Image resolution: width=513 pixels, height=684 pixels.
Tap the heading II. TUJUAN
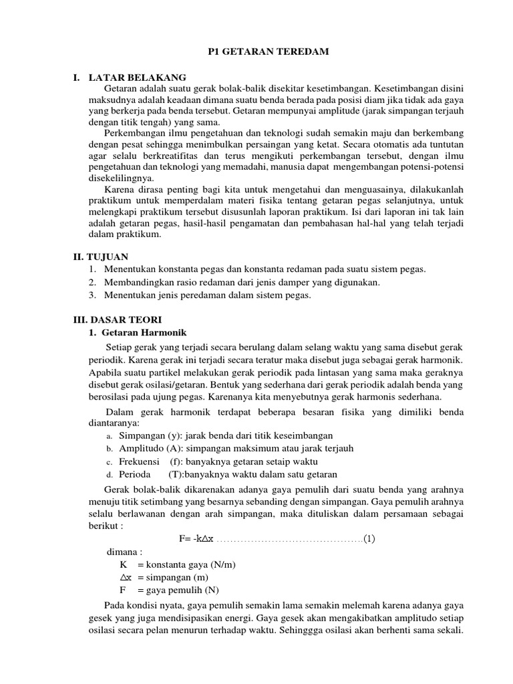pyautogui.click(x=100, y=256)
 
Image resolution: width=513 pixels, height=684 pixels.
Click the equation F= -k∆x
pyautogui.click(x=196, y=539)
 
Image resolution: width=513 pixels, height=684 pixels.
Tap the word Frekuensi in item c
pyautogui.click(x=139, y=462)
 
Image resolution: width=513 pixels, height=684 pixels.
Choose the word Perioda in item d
pyautogui.click(x=136, y=474)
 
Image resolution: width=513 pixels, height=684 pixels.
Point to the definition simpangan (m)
pyautogui.click(x=176, y=577)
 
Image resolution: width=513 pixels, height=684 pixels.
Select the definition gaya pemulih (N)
pyautogui.click(x=178, y=590)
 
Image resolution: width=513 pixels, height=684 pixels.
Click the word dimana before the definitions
pyautogui.click(x=124, y=552)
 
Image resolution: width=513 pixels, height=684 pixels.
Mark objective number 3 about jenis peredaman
pyautogui.click(x=208, y=295)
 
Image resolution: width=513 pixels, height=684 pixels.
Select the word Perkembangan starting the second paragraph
pyautogui.click(x=138, y=134)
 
